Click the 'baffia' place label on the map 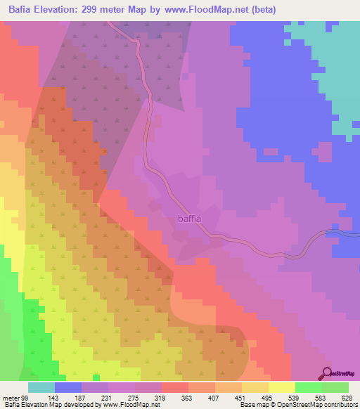point(189,219)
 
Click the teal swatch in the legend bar point(41,387)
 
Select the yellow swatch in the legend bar point(282,387)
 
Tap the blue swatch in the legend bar point(68,387)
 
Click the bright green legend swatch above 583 point(309,387)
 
